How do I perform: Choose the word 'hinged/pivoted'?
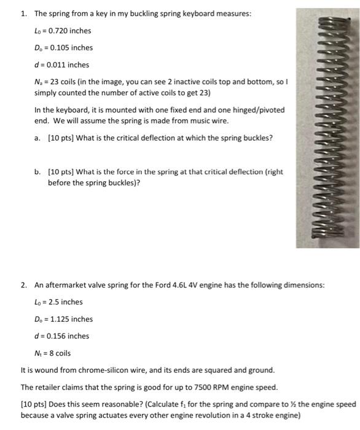(260, 109)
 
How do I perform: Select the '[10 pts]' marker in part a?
(60, 138)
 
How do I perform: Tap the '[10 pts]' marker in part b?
(60, 171)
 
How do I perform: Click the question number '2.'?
(23, 285)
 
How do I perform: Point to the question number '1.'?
(23, 13)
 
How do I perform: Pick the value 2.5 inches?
(60, 302)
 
